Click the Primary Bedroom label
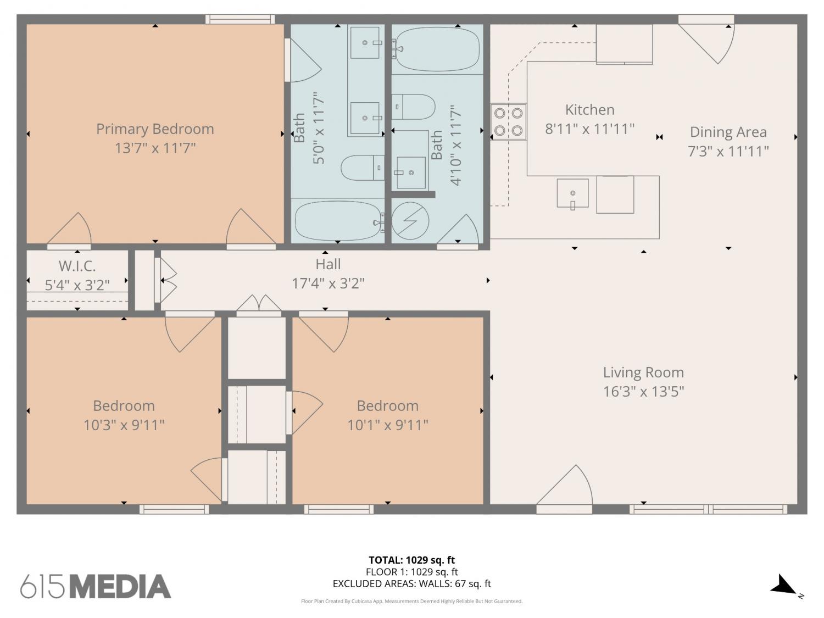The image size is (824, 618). click(x=155, y=129)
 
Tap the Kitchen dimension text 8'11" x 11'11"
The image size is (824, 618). click(x=590, y=129)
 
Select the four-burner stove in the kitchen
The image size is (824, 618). click(x=508, y=122)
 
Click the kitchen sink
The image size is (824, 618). click(x=572, y=193)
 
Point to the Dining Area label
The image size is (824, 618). click(x=728, y=132)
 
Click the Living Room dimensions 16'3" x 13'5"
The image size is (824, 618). click(x=643, y=392)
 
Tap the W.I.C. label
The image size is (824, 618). click(x=77, y=266)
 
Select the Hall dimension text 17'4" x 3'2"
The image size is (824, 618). click(x=328, y=283)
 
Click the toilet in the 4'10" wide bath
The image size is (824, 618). click(x=413, y=107)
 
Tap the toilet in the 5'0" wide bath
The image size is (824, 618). click(x=363, y=168)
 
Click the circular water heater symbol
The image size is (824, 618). click(x=410, y=221)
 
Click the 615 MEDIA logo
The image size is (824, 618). click(x=96, y=587)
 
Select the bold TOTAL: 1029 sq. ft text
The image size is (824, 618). click(x=412, y=560)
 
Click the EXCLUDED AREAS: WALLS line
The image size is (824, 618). click(x=412, y=584)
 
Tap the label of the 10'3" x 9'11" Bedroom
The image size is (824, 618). click(x=124, y=406)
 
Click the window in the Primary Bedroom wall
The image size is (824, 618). click(x=240, y=19)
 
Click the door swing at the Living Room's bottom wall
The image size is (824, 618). click(x=565, y=487)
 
